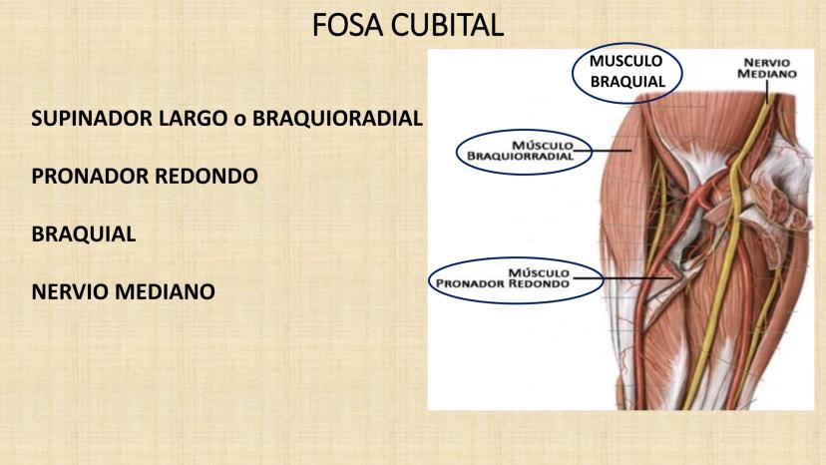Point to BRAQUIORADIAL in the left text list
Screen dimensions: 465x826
click(x=338, y=119)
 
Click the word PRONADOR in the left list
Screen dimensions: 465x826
click(x=83, y=177)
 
